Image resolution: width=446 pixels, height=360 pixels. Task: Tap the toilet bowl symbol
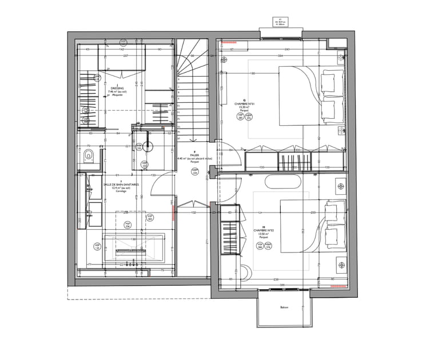click(86, 154)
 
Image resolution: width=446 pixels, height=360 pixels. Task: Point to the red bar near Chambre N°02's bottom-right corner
click(339, 284)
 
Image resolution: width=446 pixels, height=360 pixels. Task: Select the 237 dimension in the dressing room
click(125, 56)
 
